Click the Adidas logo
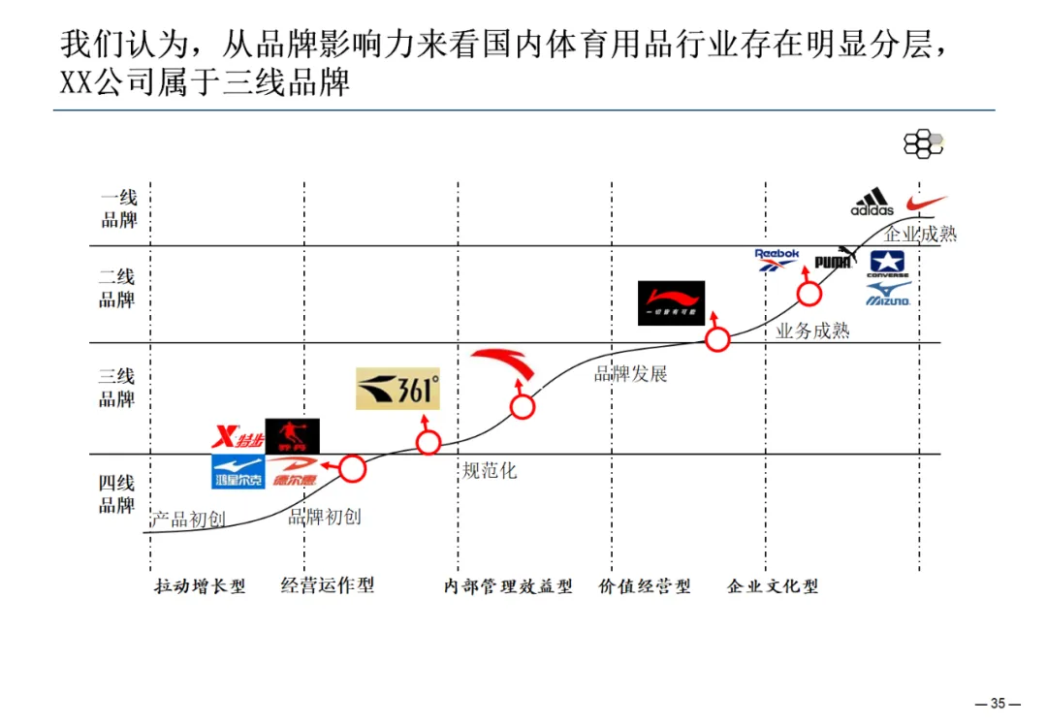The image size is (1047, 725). (872, 202)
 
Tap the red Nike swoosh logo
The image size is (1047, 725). (926, 204)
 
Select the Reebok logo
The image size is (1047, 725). (777, 259)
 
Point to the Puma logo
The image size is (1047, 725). (835, 260)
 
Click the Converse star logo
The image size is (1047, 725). (888, 264)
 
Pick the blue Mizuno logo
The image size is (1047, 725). (888, 296)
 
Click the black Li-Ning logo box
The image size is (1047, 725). (671, 302)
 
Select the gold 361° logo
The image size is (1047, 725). (397, 389)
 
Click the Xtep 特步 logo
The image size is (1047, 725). (238, 439)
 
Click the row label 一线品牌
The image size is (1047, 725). (119, 208)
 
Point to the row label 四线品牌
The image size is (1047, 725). (117, 493)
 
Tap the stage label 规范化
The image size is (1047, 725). (490, 471)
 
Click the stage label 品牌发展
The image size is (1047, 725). (630, 374)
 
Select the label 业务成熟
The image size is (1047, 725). (812, 331)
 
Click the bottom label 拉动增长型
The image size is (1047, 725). (200, 586)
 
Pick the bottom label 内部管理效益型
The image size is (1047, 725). (508, 586)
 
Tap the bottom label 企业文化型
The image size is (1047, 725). (773, 586)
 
